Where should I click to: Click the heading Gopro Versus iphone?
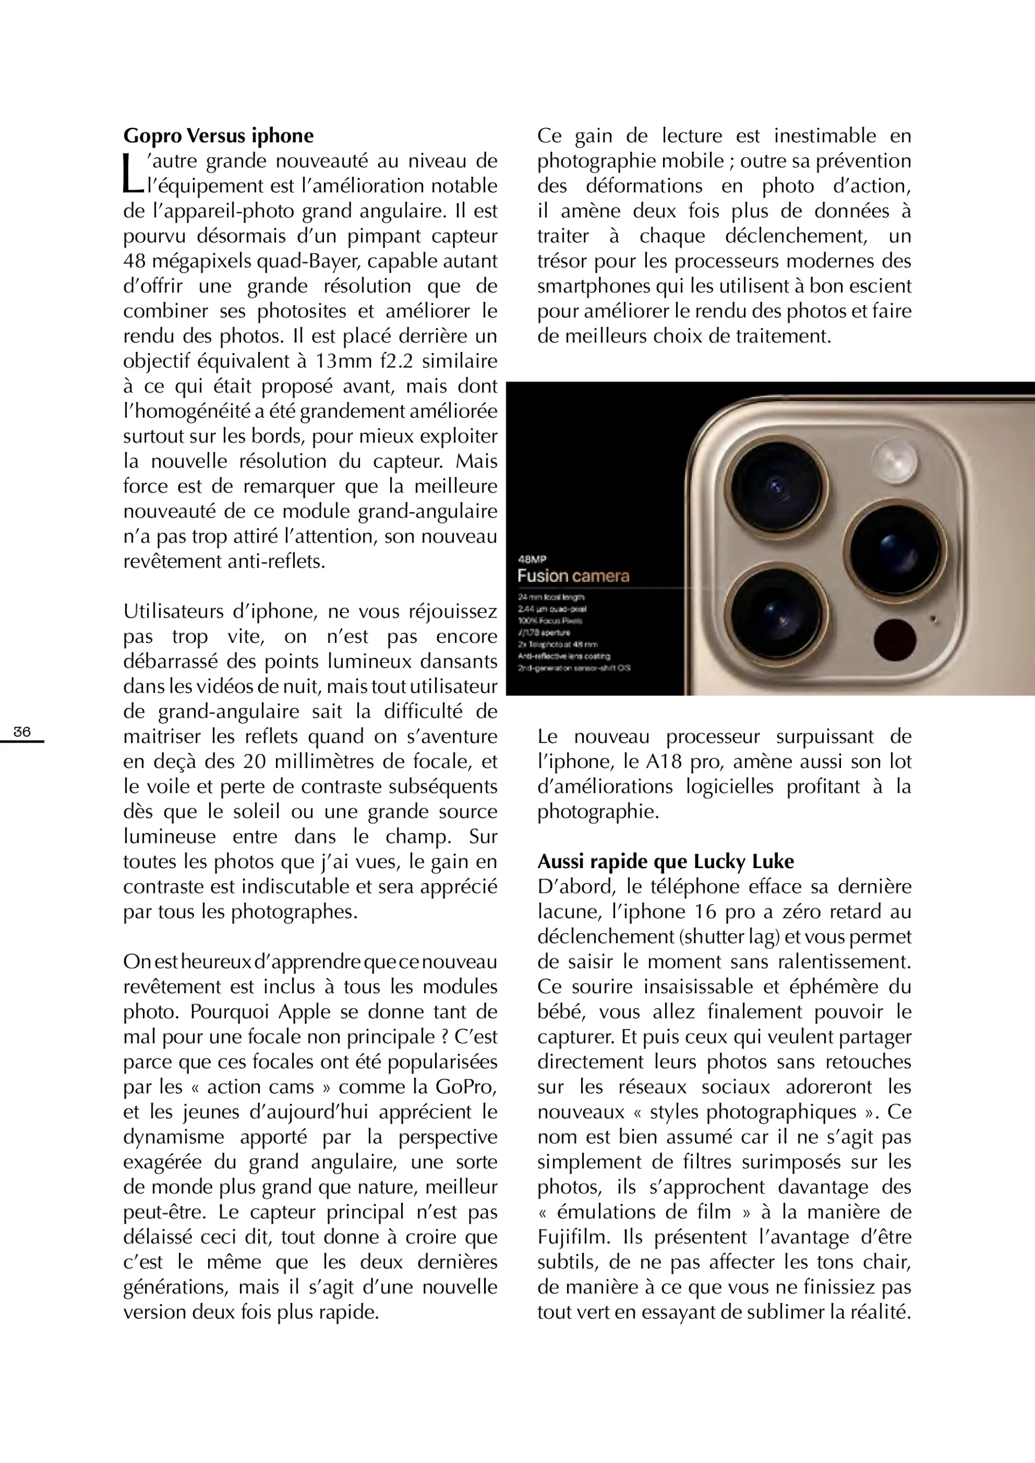[x=218, y=136]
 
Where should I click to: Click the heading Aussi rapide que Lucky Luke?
[x=665, y=862]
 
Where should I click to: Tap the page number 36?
[x=22, y=732]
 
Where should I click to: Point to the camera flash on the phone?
[x=895, y=461]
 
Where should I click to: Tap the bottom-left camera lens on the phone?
[x=775, y=613]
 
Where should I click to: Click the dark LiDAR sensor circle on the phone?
[x=894, y=639]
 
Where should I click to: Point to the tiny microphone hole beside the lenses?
[x=934, y=618]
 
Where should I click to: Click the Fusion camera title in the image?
[x=573, y=576]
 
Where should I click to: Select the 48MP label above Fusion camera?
[x=532, y=559]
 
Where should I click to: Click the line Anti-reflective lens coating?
[x=564, y=656]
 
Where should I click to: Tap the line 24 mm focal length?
[x=550, y=597]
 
